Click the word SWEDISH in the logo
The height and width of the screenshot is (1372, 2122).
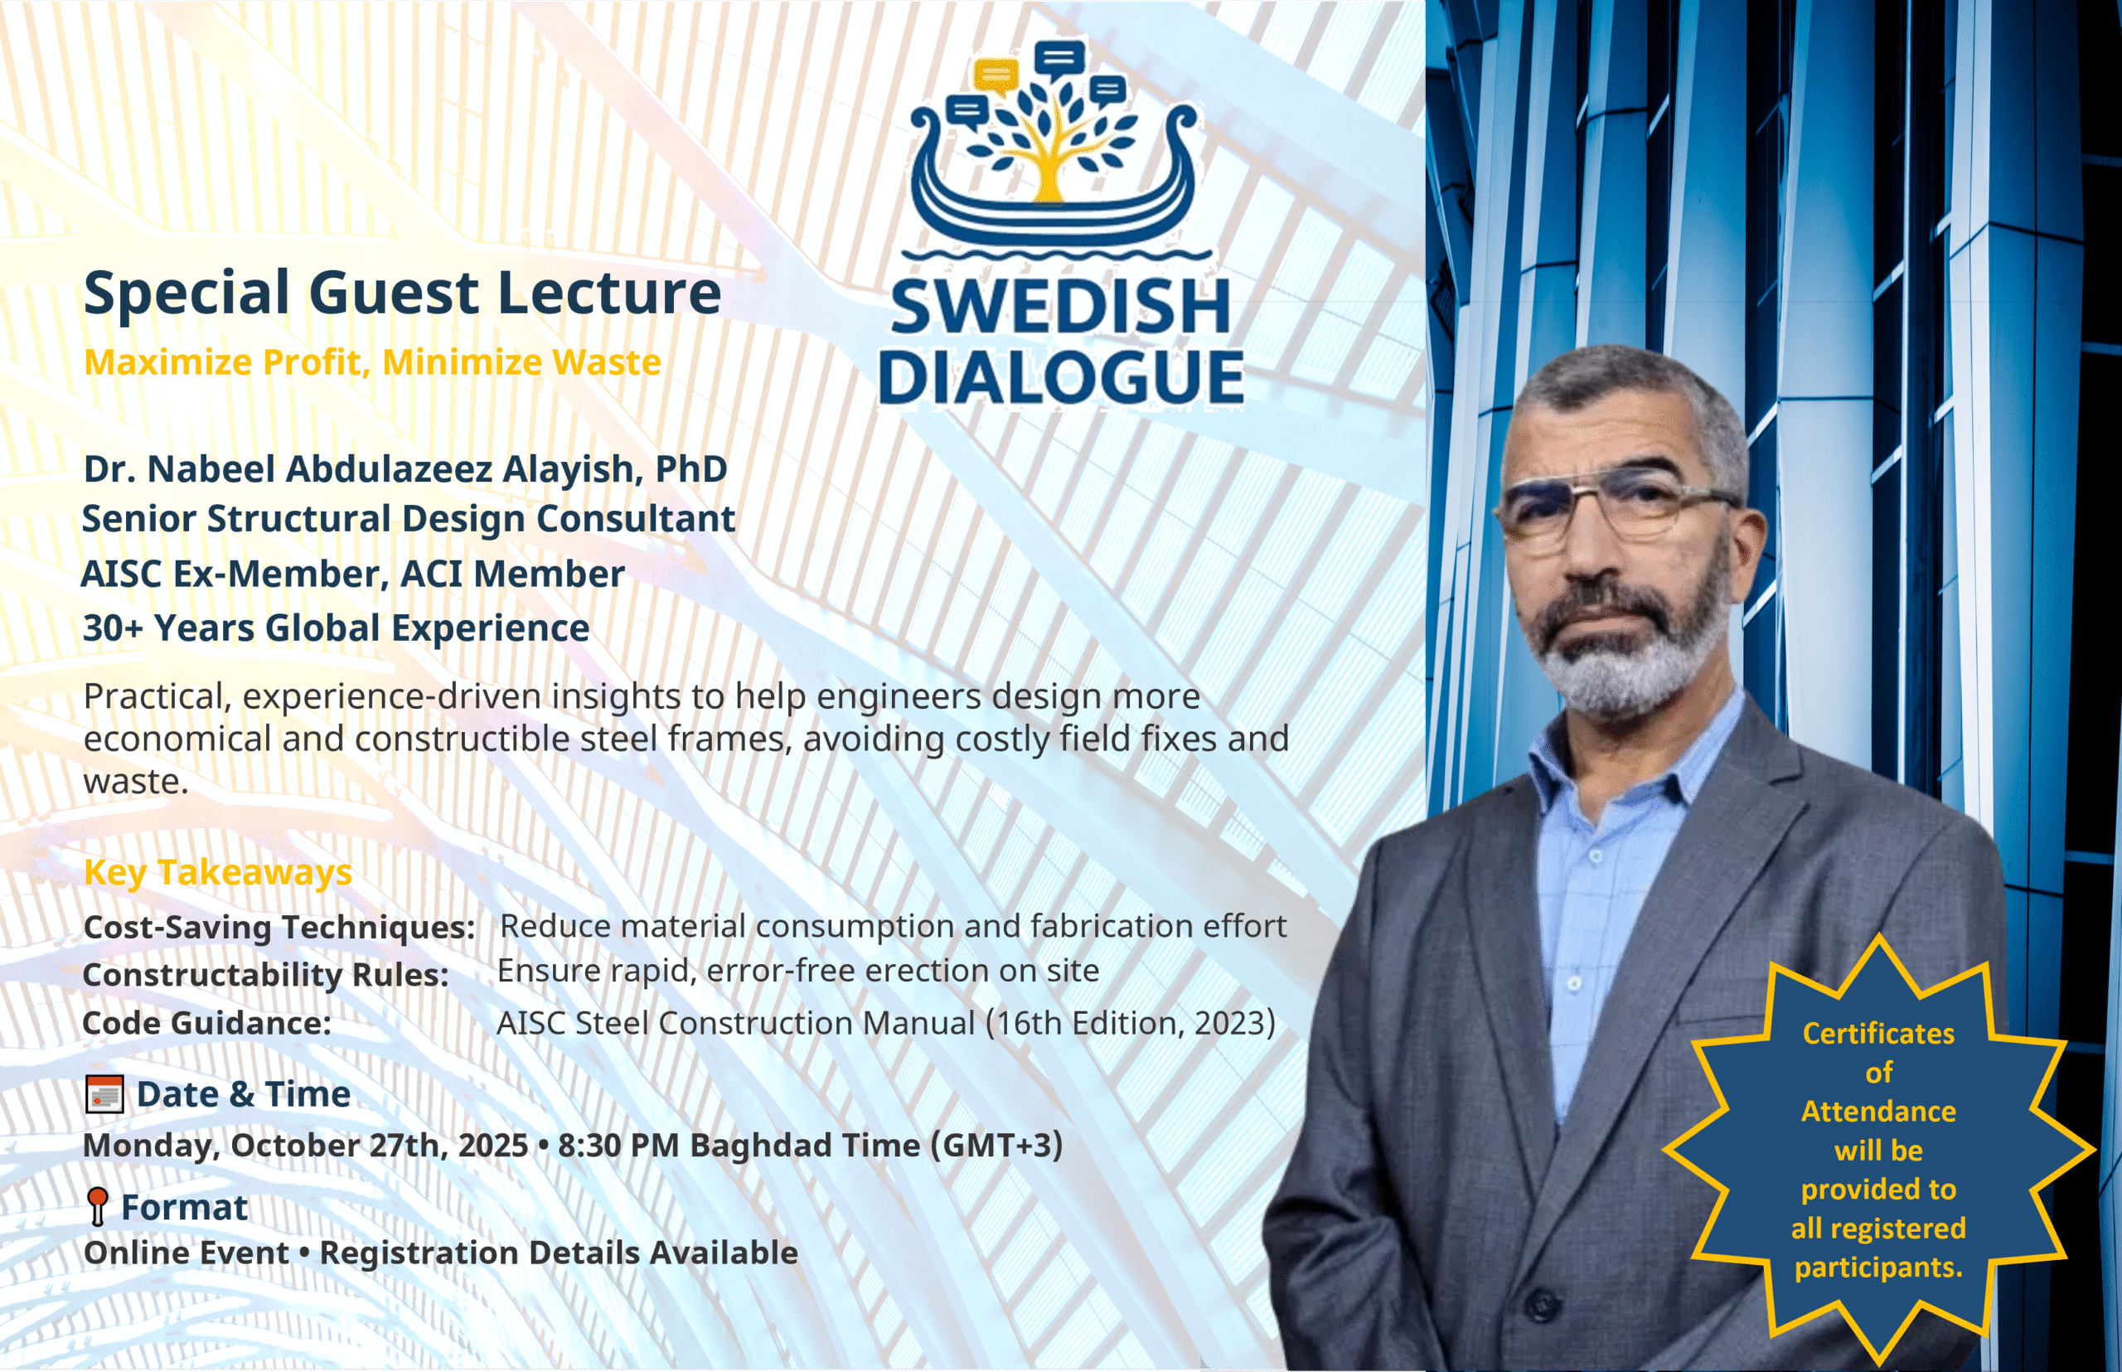[x=1060, y=307]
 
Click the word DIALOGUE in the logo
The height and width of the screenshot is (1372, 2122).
[x=1060, y=377]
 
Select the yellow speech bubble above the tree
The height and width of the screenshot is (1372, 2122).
[x=995, y=75]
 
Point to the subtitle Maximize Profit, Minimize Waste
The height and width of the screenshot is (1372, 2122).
[x=372, y=361]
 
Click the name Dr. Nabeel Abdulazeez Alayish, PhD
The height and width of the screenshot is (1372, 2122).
[x=405, y=468]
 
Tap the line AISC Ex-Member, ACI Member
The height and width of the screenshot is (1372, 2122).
[x=353, y=574]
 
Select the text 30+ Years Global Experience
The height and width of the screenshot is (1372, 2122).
[x=336, y=628]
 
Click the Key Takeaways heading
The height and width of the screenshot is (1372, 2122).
[x=218, y=871]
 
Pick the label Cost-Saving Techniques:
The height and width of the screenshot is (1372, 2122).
[x=279, y=927]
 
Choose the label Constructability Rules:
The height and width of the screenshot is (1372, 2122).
[x=265, y=974]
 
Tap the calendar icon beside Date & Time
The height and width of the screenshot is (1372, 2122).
[x=104, y=1094]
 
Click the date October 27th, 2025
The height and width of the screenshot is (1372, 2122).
[x=380, y=1145]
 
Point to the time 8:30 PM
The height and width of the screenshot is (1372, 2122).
[x=618, y=1145]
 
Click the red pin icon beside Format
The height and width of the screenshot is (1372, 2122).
[x=98, y=1206]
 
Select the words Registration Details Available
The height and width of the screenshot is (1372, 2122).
[x=559, y=1253]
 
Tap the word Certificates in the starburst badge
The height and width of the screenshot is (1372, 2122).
[x=1878, y=1034]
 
